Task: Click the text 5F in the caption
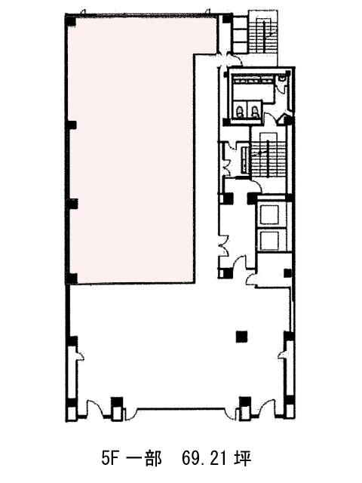pyautogui.click(x=110, y=459)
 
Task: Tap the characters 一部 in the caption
pyautogui.click(x=144, y=459)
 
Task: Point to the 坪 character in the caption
pyautogui.click(x=243, y=459)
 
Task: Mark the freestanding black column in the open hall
pyautogui.click(x=241, y=337)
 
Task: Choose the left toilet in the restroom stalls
pyautogui.click(x=239, y=112)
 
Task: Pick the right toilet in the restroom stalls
pyautogui.click(x=255, y=112)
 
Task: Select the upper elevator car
pyautogui.click(x=269, y=214)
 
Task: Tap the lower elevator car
pyautogui.click(x=269, y=240)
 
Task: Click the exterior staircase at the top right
pyautogui.click(x=263, y=32)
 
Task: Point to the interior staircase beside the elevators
pyautogui.click(x=268, y=155)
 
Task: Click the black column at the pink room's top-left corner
pyautogui.click(x=71, y=21)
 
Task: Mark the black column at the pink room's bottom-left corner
pyautogui.click(x=72, y=278)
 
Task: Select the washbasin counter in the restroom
pyautogui.click(x=253, y=81)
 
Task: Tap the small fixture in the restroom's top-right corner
pyautogui.click(x=281, y=78)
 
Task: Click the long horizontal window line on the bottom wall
pyautogui.click(x=181, y=409)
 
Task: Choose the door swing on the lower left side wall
pyautogui.click(x=80, y=354)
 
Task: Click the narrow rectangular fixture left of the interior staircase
pyautogui.click(x=245, y=159)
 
